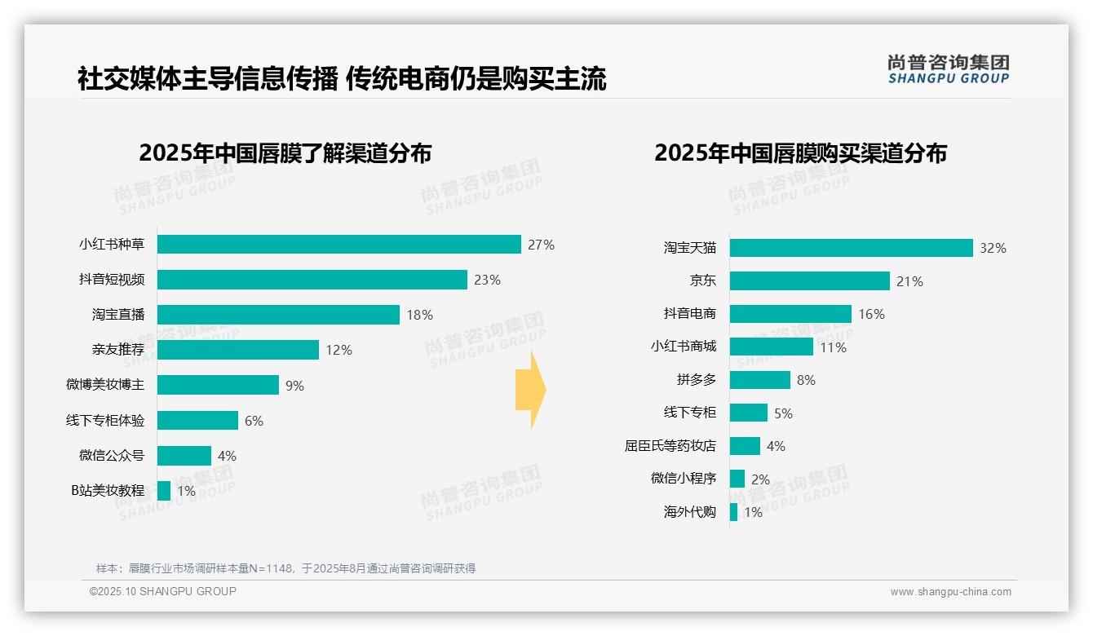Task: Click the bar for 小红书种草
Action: coord(339,245)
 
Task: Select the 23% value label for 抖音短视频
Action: coord(487,280)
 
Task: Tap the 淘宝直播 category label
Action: coord(118,315)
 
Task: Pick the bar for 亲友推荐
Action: coord(237,350)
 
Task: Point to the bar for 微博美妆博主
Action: coord(218,385)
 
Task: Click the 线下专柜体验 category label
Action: coord(105,421)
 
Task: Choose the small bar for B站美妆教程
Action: coord(164,491)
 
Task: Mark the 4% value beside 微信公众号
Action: coord(227,456)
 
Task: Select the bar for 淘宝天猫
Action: coord(851,248)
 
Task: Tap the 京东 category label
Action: coord(703,281)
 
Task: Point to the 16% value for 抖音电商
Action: coord(871,314)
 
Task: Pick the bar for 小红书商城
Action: coord(771,347)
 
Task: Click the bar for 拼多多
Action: coord(759,380)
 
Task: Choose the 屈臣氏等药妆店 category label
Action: coord(670,446)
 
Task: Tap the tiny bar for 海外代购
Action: coord(733,512)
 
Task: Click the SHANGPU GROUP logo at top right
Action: coord(948,69)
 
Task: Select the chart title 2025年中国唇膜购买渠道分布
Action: coord(800,153)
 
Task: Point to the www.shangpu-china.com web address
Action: coord(950,592)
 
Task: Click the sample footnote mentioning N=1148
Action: coord(285,568)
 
